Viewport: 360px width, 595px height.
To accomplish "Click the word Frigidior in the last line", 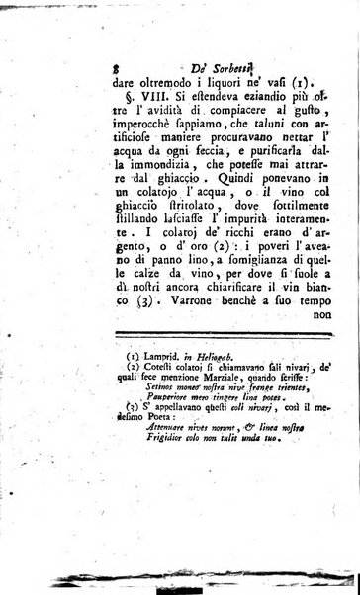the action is point(161,549).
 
